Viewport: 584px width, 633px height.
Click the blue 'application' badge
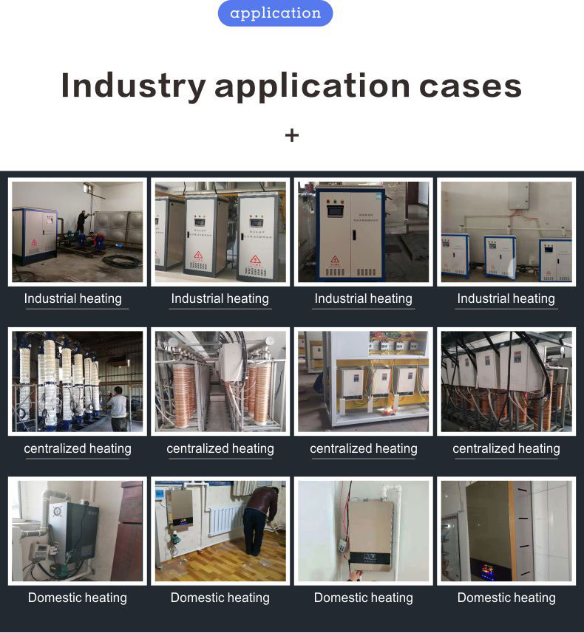coord(275,13)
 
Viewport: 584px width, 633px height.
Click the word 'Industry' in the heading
coord(133,86)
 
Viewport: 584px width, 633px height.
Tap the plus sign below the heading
coord(292,135)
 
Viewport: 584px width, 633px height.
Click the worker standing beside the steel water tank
coord(81,222)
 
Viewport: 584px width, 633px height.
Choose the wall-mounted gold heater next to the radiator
coord(180,510)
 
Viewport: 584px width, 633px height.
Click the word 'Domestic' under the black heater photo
coord(54,598)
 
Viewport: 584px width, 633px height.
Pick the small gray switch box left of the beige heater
coord(342,544)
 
